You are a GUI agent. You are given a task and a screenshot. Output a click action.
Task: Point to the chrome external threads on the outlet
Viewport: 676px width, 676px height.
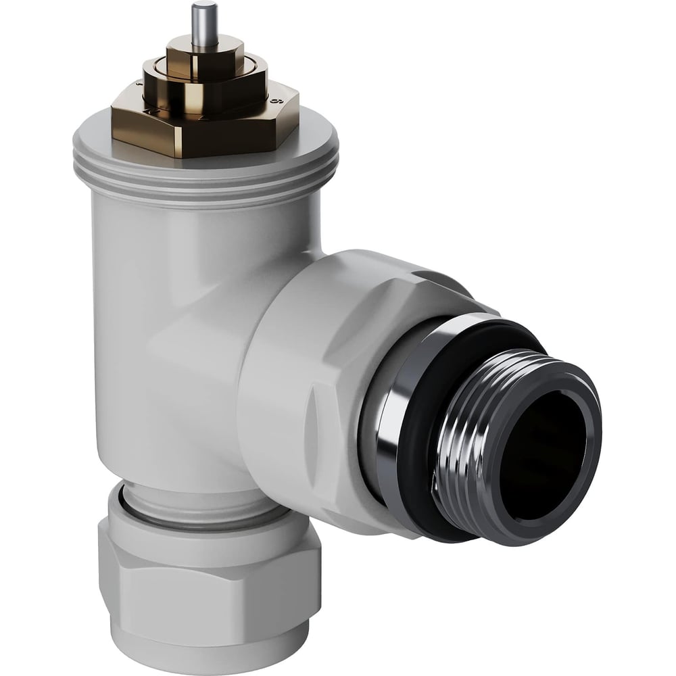click(466, 446)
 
